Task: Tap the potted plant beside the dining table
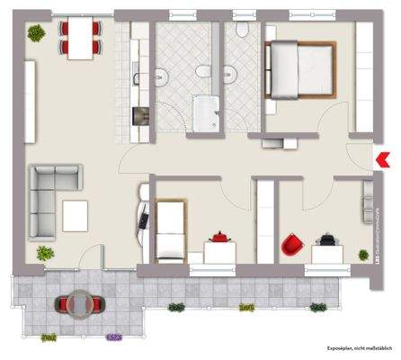(x=36, y=34)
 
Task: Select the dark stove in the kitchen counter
(x=139, y=116)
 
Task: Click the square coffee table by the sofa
(x=76, y=215)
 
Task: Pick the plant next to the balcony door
(x=44, y=254)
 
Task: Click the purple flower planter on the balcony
(x=113, y=338)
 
